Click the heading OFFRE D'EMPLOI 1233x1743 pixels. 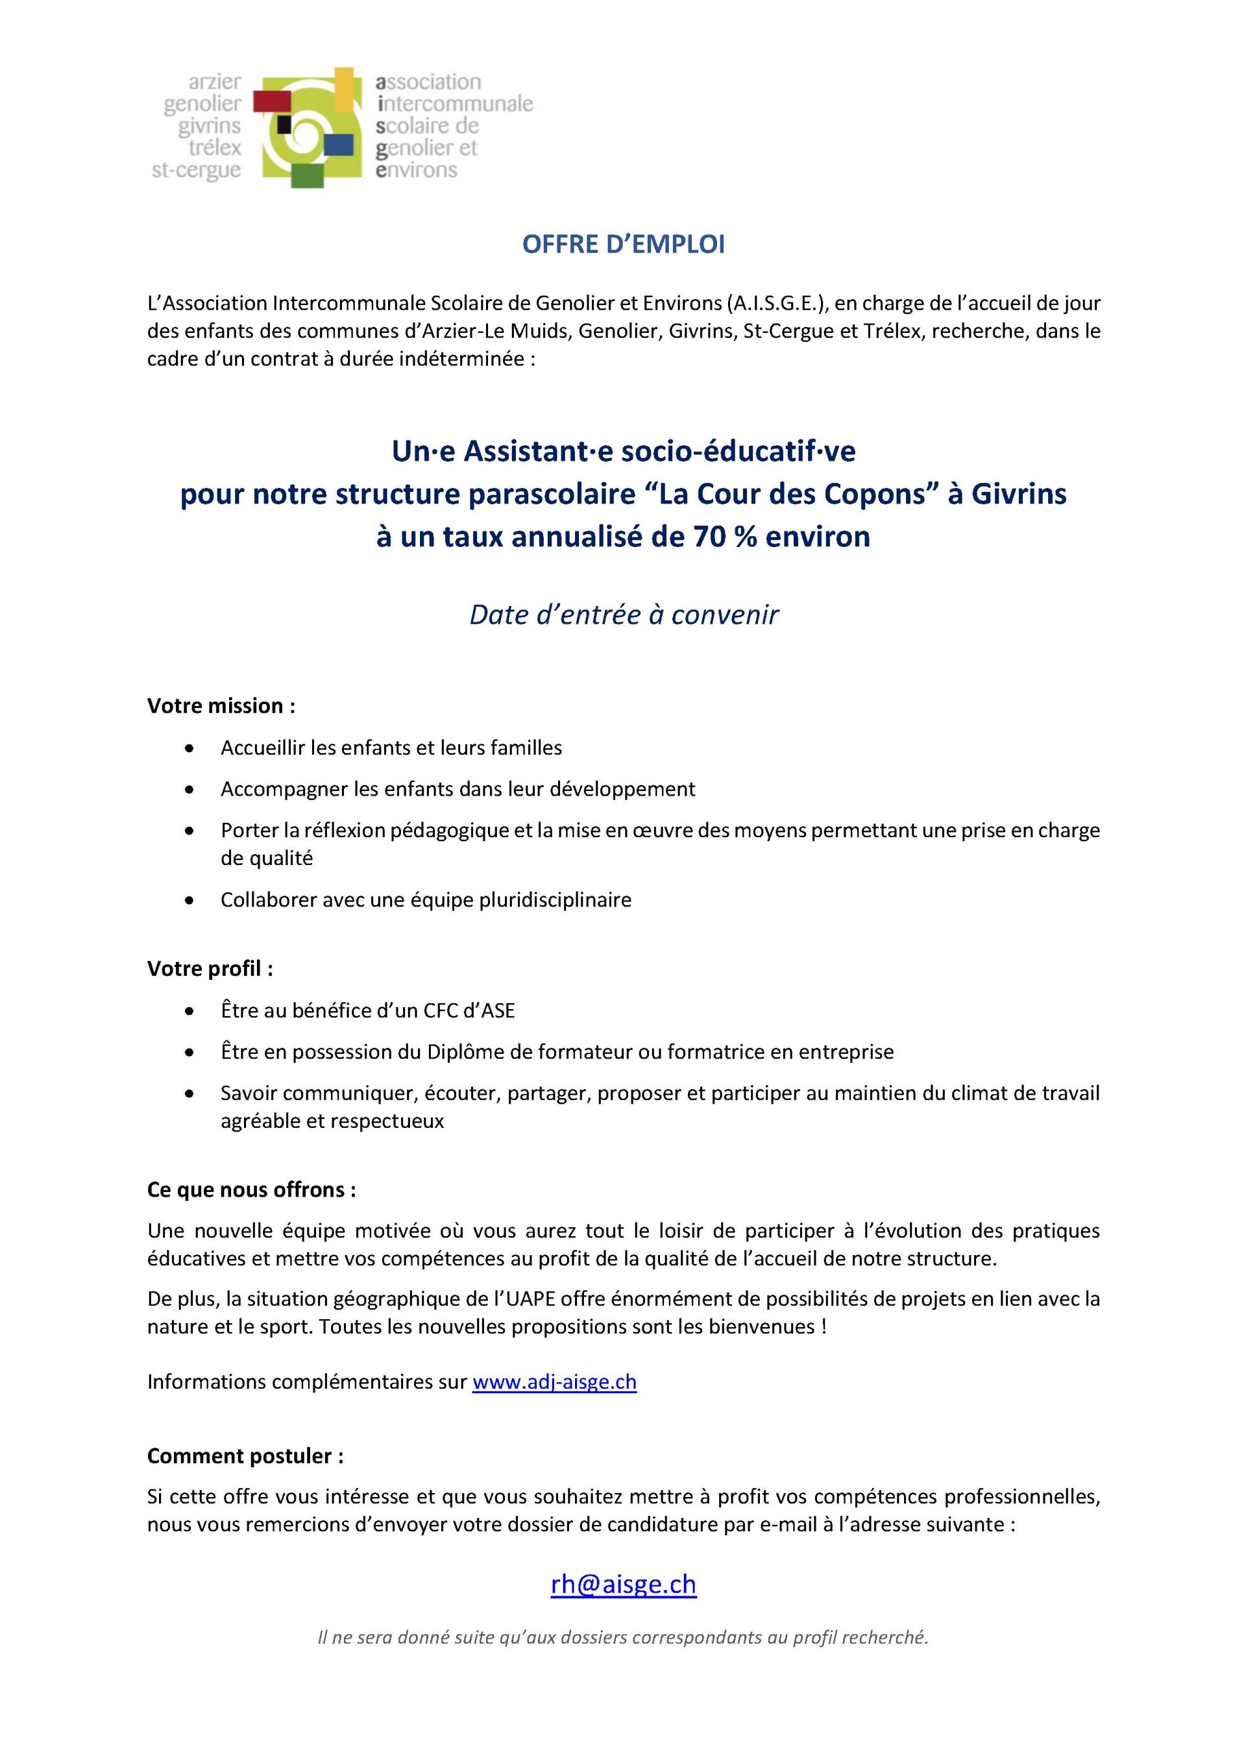(624, 245)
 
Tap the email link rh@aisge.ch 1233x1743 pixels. (624, 1584)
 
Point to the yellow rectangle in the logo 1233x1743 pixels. (345, 88)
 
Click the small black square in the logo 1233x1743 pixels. (285, 122)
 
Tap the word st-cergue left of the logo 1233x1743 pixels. (197, 170)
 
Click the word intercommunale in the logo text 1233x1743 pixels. (455, 103)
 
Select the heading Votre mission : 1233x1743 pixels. (221, 706)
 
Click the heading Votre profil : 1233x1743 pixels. (210, 969)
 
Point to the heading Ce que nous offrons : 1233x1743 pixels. (251, 1189)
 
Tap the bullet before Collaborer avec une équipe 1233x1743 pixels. (189, 900)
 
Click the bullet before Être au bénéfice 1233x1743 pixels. (189, 1011)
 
